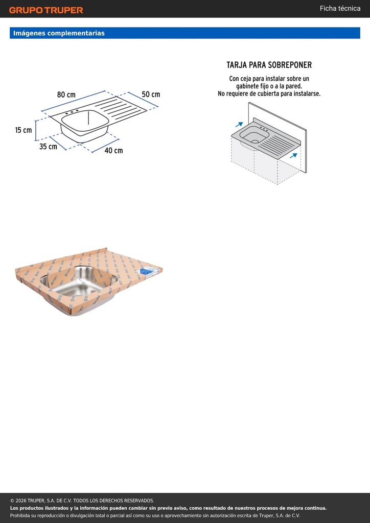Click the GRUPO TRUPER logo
46,10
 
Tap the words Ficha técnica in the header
340,8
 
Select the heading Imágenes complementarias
59,33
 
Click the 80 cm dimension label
66,94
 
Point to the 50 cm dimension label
151,94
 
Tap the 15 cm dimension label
24,130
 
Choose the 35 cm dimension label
48,147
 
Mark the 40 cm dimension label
113,151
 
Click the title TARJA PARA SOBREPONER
269,65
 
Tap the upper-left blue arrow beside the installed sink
239,125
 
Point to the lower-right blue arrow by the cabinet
293,155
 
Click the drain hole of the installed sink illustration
255,141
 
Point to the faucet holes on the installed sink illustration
264,128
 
